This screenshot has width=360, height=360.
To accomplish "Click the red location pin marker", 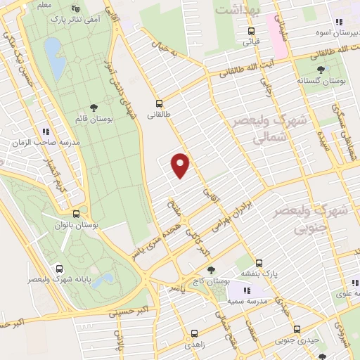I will coord(181,165).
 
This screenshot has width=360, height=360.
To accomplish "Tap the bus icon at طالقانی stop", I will coord(160,101).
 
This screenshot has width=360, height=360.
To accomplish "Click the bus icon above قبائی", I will coord(251,31).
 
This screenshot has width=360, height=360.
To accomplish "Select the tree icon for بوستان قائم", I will coord(94,105).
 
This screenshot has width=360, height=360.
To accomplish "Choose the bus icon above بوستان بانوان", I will coord(76,213).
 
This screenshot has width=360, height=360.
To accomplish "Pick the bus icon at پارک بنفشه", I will coord(259,262).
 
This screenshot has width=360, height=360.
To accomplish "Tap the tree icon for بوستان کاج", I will coord(211,269).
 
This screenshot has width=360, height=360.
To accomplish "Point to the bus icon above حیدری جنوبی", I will coord(297,328).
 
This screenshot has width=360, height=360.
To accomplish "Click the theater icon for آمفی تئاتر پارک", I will coord(76,8).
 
